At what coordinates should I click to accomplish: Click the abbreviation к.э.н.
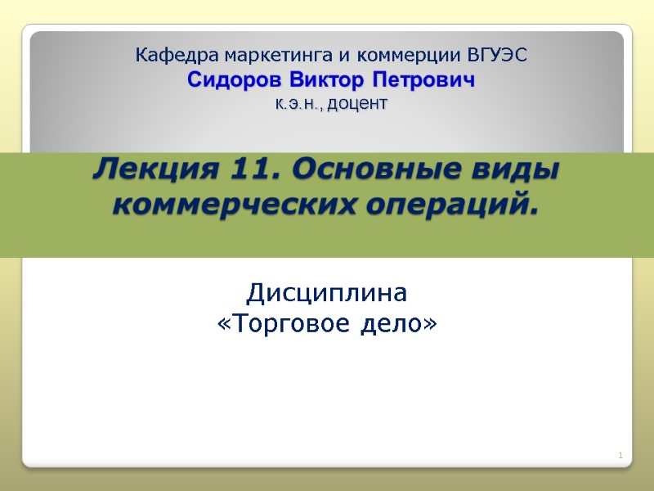tap(295, 105)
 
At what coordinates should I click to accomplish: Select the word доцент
tap(356, 105)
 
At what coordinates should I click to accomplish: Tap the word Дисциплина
tap(327, 292)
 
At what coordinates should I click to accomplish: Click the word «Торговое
tap(284, 325)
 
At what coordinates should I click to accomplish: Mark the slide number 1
tap(620, 455)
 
